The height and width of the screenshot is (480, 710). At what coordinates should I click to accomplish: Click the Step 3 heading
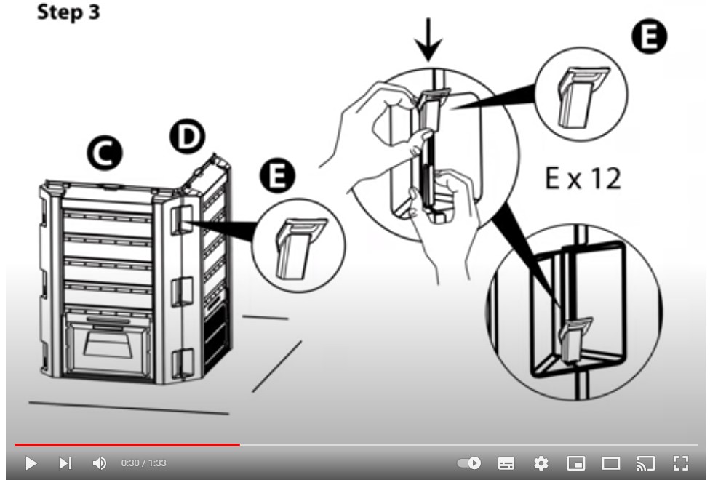point(68,12)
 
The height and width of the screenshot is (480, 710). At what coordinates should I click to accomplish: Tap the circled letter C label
point(105,153)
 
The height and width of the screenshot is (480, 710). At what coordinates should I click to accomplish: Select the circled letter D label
point(188,136)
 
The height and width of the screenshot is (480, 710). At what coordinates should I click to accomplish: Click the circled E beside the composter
point(278,175)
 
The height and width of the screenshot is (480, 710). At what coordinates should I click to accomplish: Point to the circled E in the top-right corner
point(650,36)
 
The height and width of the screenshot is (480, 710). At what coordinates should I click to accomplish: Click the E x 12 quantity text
point(583,178)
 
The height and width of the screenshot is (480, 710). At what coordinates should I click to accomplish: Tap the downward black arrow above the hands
point(428,39)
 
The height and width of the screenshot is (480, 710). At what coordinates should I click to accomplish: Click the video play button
point(31,463)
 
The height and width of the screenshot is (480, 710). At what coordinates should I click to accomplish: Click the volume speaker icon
point(99,463)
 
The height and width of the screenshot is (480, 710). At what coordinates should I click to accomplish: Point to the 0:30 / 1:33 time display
point(143,463)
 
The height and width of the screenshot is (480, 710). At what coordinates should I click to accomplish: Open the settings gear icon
point(541,463)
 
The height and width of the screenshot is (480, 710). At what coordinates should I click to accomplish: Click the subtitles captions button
point(506,463)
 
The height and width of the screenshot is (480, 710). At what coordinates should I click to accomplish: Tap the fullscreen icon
point(681,463)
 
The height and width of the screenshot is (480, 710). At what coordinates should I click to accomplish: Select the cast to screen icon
point(646,463)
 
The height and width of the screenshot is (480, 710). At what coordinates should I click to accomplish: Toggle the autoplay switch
point(469,463)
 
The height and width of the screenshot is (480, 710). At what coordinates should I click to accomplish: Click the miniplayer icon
point(576,463)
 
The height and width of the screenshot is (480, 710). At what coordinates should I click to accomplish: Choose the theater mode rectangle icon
point(611,463)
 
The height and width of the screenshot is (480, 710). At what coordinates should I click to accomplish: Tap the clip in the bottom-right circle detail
point(575,339)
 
